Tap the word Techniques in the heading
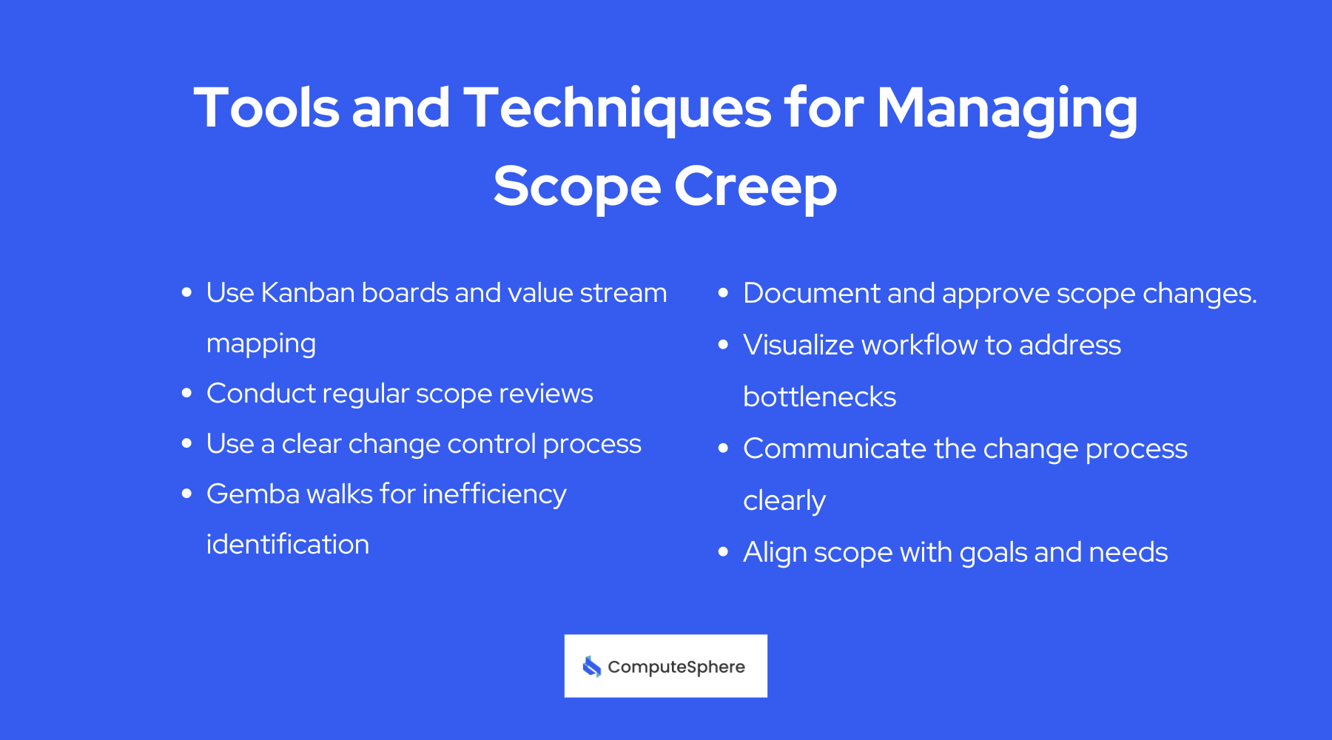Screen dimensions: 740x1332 [x=617, y=109]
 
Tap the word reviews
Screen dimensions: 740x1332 [x=546, y=394]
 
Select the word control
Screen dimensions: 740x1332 [x=491, y=444]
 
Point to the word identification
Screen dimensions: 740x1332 [x=288, y=545]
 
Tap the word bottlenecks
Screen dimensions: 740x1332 [x=819, y=397]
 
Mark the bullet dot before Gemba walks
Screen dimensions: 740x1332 [x=186, y=494]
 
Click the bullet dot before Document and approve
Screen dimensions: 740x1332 [x=723, y=293]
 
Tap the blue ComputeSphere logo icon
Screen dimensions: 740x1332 [x=591, y=667]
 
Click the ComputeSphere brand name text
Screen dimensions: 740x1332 [x=676, y=667]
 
